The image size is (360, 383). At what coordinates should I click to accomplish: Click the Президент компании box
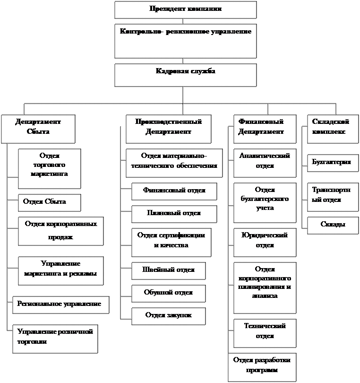click(185, 9)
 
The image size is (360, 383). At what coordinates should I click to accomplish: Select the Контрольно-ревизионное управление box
click(185, 41)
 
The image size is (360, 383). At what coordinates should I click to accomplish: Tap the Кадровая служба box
click(185, 75)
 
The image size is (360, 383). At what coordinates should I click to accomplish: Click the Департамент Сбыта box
click(38, 129)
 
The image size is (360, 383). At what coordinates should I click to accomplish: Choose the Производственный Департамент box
click(168, 129)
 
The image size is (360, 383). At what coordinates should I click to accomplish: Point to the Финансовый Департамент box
click(265, 129)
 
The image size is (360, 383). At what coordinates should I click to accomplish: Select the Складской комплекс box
click(333, 129)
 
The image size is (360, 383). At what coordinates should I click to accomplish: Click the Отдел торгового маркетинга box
click(49, 168)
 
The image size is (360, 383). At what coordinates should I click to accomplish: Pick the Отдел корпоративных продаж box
click(60, 231)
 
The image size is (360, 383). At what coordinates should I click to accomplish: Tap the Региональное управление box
click(60, 305)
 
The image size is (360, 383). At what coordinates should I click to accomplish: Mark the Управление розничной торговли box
click(55, 339)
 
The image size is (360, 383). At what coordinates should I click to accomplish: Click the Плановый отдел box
click(174, 214)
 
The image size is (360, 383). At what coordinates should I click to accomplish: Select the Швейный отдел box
click(168, 270)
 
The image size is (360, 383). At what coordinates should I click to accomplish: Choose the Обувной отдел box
click(168, 293)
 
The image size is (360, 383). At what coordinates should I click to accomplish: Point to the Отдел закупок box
click(168, 316)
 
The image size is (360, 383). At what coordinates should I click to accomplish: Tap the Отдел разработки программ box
click(262, 367)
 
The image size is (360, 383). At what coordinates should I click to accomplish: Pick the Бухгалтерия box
click(333, 163)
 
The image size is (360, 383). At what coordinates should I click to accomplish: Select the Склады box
click(333, 225)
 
